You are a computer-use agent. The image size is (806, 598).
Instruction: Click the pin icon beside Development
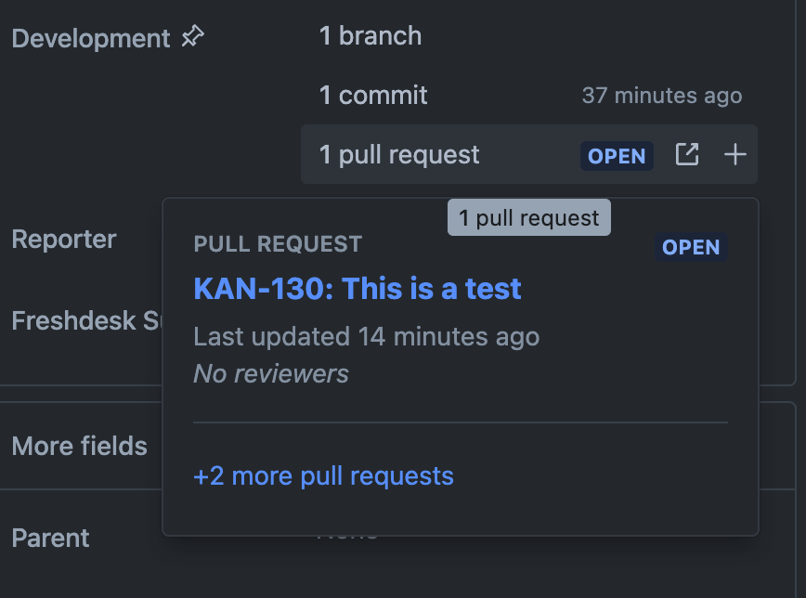[x=193, y=37]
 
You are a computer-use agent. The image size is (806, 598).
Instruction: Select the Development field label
[x=91, y=39]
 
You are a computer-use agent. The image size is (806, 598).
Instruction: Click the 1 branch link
[x=370, y=36]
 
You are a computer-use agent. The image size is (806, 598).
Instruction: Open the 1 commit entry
[x=373, y=95]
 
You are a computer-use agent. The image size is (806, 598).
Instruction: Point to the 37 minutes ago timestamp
[x=661, y=96]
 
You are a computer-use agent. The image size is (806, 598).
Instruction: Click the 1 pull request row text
[x=399, y=154]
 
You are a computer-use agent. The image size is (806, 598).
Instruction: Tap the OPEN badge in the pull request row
[x=617, y=155]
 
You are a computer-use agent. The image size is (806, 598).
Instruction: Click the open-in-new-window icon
[x=687, y=154]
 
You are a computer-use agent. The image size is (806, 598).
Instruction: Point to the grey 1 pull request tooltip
[x=528, y=218]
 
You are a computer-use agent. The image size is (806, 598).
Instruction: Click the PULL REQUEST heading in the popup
[x=278, y=244]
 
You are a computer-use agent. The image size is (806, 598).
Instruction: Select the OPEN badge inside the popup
[x=691, y=247]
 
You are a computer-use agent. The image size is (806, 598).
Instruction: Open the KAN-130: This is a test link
[x=357, y=289]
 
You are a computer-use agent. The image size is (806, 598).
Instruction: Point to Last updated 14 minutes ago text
[x=366, y=336]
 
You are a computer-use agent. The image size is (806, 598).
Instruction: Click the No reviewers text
[x=271, y=373]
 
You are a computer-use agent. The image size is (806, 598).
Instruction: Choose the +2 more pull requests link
[x=323, y=476]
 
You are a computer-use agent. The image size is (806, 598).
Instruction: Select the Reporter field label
[x=64, y=240]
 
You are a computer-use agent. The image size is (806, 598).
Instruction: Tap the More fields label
[x=79, y=446]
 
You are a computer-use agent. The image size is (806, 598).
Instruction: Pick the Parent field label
[x=50, y=539]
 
